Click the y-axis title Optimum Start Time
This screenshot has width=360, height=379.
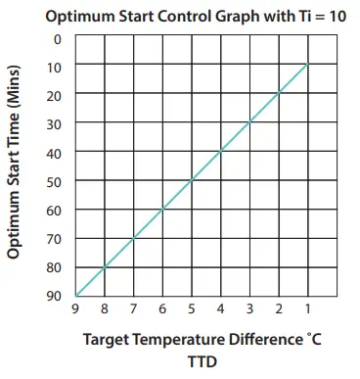(x=15, y=167)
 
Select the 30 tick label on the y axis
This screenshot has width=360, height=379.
(x=55, y=123)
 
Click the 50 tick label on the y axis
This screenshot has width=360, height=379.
(x=55, y=181)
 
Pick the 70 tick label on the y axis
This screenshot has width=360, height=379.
(x=55, y=238)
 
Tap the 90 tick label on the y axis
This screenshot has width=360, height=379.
(x=55, y=296)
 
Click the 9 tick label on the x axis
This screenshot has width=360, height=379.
(x=74, y=311)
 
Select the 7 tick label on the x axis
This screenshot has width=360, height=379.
(x=133, y=311)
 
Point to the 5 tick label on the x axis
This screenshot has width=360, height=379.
(x=191, y=311)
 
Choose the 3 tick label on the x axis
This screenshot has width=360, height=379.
(x=249, y=311)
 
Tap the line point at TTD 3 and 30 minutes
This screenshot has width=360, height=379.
(x=249, y=123)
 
